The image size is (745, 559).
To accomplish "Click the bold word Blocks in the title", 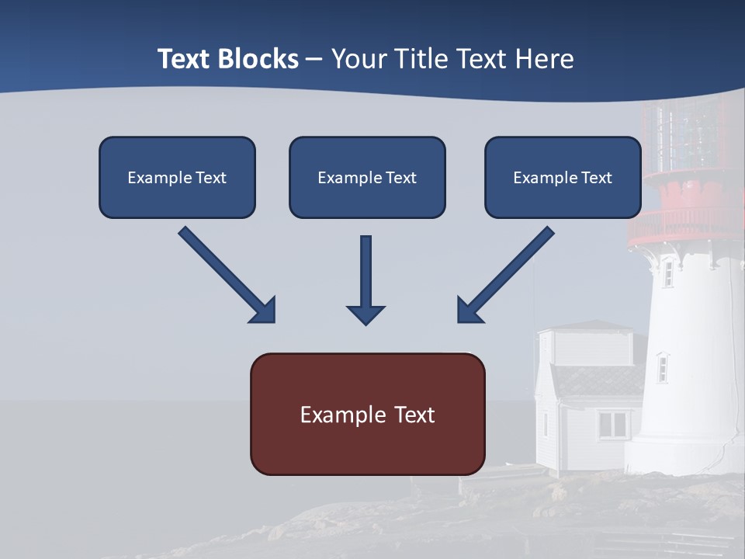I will click(258, 59).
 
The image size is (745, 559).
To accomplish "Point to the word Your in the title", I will click(359, 59).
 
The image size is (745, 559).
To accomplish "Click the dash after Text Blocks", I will click(314, 60).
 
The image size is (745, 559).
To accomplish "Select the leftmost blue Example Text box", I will click(177, 177).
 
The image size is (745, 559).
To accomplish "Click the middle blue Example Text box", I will click(367, 177).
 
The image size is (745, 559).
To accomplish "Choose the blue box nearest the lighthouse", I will click(563, 177).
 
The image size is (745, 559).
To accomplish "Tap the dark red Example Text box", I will click(367, 414).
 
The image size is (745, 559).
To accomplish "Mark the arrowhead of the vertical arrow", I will click(366, 314).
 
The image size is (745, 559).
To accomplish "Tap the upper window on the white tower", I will click(667, 273).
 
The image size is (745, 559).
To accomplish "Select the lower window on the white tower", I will click(662, 367).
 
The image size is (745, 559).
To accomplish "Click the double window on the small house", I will click(613, 424).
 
